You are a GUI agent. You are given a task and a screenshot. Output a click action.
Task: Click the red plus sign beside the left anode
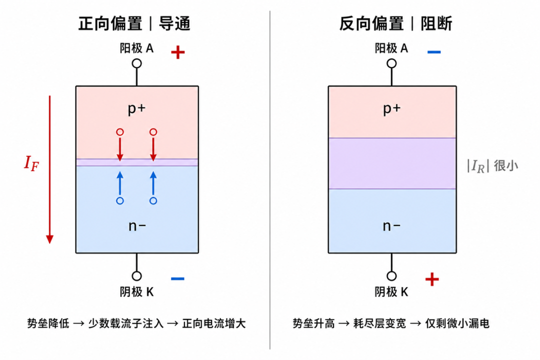click(x=177, y=52)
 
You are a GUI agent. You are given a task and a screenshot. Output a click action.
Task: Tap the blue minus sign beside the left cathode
click(x=177, y=278)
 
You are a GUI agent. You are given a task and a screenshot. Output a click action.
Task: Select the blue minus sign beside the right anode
click(x=434, y=52)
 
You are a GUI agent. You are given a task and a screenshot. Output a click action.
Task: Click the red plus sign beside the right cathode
click(x=432, y=279)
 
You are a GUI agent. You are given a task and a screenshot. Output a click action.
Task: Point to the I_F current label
click(x=31, y=163)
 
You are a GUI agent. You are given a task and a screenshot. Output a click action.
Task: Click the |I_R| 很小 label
click(x=492, y=166)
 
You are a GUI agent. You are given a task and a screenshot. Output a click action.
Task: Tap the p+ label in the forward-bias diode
click(x=136, y=109)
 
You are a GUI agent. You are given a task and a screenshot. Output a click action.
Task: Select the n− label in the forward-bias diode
click(x=137, y=226)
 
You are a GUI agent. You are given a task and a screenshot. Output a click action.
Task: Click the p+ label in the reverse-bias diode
click(x=392, y=109)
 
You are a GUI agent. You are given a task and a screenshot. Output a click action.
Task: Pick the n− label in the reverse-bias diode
click(x=391, y=226)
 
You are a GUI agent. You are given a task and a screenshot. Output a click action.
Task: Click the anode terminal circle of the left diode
click(x=136, y=63)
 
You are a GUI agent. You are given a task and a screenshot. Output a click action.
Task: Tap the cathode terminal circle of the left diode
click(x=136, y=276)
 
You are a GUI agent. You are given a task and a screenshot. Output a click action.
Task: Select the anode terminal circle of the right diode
click(x=391, y=63)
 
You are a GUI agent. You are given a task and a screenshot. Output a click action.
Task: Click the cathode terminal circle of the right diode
click(x=391, y=276)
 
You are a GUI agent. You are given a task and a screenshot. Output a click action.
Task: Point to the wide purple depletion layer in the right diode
click(x=392, y=163)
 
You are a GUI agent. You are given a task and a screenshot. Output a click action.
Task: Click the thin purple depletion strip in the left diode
click(x=137, y=162)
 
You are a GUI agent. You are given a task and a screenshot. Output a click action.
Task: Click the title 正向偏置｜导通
click(x=134, y=24)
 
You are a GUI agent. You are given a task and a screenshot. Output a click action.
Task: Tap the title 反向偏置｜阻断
click(x=395, y=24)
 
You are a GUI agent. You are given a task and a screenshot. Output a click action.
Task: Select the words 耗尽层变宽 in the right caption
click(x=379, y=323)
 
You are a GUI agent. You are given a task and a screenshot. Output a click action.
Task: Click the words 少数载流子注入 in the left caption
click(x=125, y=323)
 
